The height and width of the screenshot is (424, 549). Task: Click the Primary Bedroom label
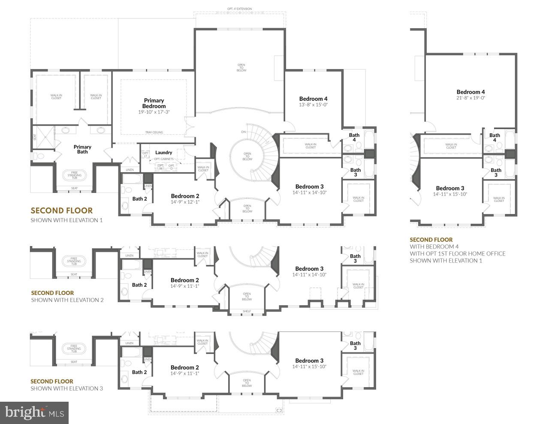pyautogui.click(x=154, y=103)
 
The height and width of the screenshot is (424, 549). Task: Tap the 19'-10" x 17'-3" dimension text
pyautogui.click(x=154, y=112)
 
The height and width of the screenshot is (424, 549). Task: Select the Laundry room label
pyautogui.click(x=164, y=152)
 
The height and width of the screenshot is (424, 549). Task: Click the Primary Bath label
pyautogui.click(x=82, y=149)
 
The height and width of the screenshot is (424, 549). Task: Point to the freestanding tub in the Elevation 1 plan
pyautogui.click(x=75, y=175)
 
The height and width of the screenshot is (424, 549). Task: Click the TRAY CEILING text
pyautogui.click(x=154, y=132)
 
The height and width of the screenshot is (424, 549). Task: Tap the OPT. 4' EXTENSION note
pyautogui.click(x=240, y=9)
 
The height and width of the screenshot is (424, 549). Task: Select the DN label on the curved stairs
pyautogui.click(x=244, y=132)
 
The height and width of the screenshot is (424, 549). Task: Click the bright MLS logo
pyautogui.click(x=34, y=413)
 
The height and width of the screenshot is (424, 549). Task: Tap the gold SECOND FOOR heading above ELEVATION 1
pyautogui.click(x=61, y=210)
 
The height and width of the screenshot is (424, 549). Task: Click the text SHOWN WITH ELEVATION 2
pyautogui.click(x=67, y=300)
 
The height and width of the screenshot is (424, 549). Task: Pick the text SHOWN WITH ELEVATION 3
pyautogui.click(x=66, y=388)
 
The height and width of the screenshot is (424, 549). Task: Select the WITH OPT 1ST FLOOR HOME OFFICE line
pyautogui.click(x=457, y=253)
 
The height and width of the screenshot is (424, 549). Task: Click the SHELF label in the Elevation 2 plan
pyautogui.click(x=247, y=311)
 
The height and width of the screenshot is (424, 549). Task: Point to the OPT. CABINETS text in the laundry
pyautogui.click(x=164, y=159)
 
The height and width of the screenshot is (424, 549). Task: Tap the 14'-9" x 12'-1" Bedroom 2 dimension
pyautogui.click(x=185, y=202)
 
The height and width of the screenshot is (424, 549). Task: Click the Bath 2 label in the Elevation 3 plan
pyautogui.click(x=139, y=372)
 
